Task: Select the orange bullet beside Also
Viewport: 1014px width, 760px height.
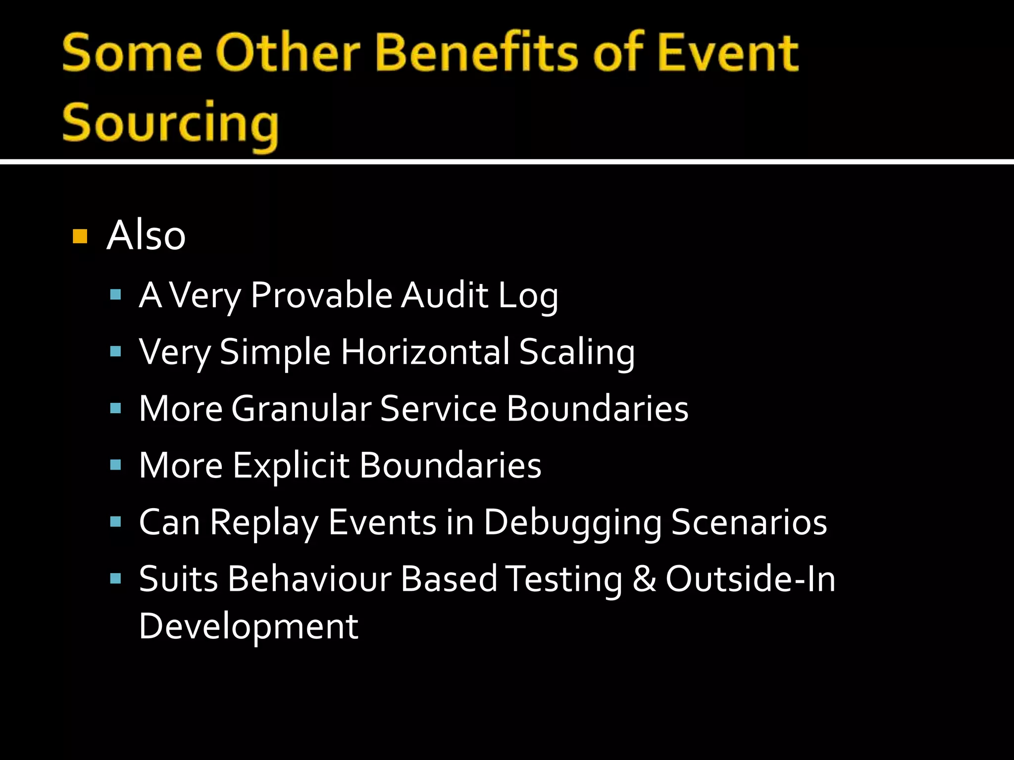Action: [x=80, y=237]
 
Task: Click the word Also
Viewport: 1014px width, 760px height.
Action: [x=146, y=236]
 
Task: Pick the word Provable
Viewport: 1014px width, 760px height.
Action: [x=321, y=295]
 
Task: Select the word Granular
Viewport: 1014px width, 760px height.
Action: [x=301, y=409]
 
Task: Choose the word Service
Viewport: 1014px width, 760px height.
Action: [x=438, y=409]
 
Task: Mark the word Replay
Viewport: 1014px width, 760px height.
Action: [x=263, y=523]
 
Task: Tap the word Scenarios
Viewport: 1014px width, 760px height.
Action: [x=749, y=522]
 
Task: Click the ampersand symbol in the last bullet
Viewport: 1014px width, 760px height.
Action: [x=644, y=579]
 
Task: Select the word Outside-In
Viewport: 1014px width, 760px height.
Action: [x=750, y=579]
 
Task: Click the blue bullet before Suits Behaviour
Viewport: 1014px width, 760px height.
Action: [x=116, y=578]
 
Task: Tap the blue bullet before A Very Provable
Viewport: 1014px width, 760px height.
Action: [x=116, y=295]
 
